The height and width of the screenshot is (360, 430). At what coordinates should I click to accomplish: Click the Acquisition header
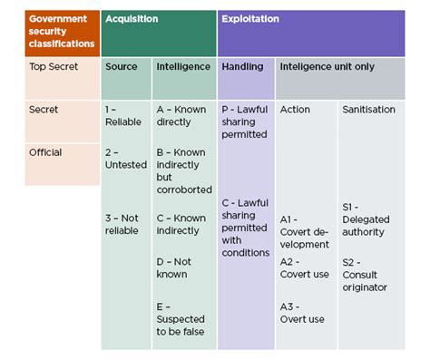click(133, 18)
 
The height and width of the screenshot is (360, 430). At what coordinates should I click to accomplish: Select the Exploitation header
click(250, 18)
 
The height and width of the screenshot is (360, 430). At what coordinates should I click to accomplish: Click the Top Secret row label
click(52, 66)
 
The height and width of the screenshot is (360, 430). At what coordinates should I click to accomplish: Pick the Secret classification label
click(44, 110)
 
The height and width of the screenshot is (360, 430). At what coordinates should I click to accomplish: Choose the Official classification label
click(45, 152)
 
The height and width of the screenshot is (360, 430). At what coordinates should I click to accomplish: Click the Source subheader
click(122, 66)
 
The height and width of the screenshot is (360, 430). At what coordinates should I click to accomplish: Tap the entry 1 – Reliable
click(122, 115)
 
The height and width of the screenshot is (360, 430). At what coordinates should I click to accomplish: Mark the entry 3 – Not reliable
click(122, 223)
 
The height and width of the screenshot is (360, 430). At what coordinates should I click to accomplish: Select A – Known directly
click(181, 115)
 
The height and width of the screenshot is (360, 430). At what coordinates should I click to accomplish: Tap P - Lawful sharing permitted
click(244, 122)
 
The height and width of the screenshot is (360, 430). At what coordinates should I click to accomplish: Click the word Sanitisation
click(368, 109)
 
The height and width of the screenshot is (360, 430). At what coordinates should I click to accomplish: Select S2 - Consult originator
click(365, 275)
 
